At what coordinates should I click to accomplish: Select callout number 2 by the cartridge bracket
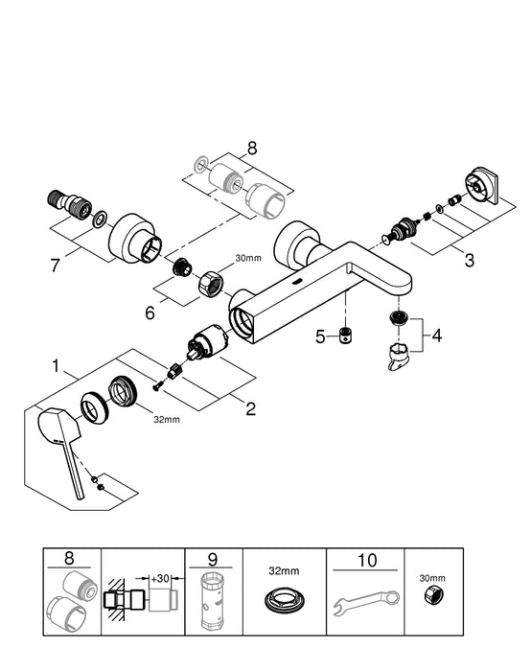point(250,409)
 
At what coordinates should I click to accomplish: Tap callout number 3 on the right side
point(468,260)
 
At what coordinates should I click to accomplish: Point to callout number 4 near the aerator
point(436,336)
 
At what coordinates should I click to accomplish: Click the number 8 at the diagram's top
point(252,150)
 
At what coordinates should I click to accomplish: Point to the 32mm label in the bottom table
point(285,567)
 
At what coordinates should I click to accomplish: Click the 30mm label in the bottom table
point(433,580)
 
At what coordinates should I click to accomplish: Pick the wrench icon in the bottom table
point(365,603)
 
